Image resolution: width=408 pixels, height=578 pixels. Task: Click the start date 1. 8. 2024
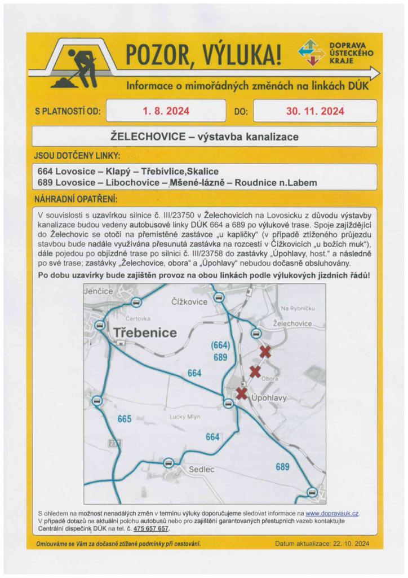166,111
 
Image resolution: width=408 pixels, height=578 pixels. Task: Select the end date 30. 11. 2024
315,111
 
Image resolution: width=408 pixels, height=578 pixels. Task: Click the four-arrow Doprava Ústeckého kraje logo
312,52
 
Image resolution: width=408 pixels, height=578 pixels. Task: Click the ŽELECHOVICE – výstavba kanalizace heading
205,137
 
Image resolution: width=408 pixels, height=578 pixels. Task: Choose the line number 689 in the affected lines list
45,182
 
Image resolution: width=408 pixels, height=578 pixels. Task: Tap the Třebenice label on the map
145,332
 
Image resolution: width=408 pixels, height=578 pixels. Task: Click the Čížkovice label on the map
189,302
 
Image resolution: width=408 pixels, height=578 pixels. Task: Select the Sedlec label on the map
201,469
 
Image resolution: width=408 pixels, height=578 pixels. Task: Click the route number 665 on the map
125,419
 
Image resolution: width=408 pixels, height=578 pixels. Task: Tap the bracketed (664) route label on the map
220,345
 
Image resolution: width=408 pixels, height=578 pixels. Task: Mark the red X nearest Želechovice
265,352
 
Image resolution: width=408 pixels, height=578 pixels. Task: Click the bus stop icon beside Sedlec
168,463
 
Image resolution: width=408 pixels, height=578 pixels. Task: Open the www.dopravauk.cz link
332,513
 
